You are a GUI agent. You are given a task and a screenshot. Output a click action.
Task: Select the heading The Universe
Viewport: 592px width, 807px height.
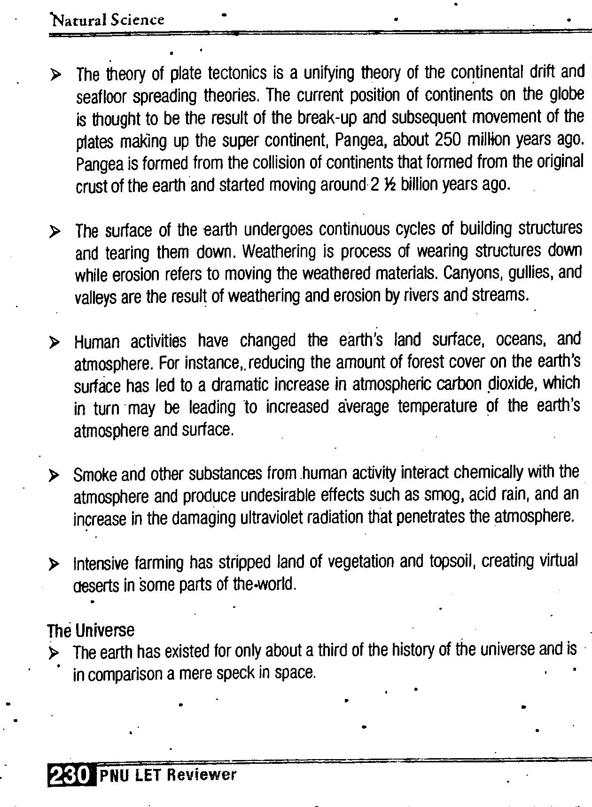coord(91,630)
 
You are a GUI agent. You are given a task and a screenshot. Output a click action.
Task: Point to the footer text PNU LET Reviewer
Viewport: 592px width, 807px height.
coord(168,775)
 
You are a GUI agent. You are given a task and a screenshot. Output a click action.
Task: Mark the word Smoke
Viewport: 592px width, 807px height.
coord(94,475)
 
